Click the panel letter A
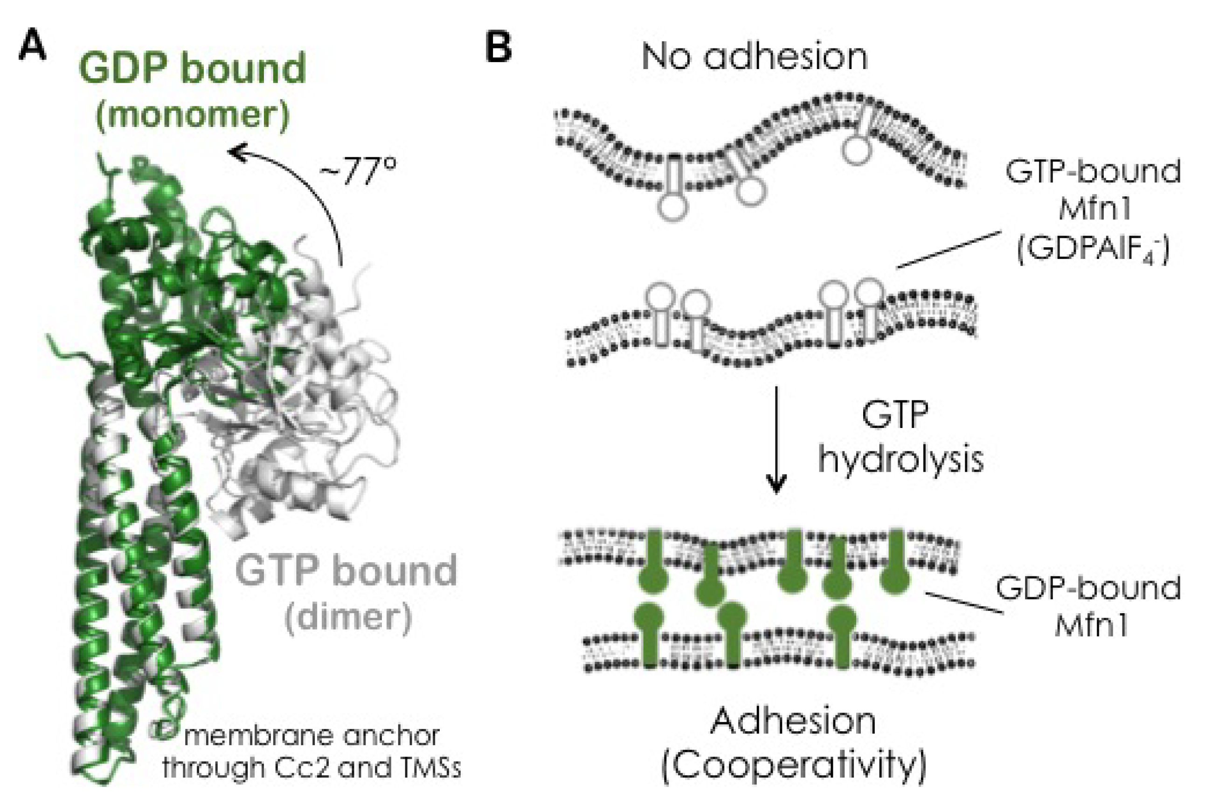click(x=32, y=49)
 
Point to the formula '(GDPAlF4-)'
click(x=1093, y=251)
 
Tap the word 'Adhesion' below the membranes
click(x=793, y=721)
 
